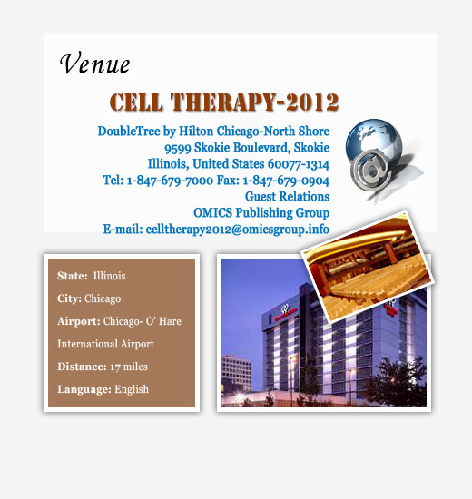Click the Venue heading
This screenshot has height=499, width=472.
[95, 63]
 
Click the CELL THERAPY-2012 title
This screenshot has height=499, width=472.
[224, 103]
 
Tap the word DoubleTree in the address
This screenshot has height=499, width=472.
[129, 132]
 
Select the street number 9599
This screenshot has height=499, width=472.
[177, 148]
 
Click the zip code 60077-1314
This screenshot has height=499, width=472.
[299, 164]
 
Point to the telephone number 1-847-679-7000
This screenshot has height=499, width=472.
[170, 181]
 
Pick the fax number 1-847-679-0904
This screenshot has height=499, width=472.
[286, 181]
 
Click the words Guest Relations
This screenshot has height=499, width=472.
[287, 196]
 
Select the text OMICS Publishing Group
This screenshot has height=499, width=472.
[261, 213]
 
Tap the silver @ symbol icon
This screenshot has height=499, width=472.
[371, 171]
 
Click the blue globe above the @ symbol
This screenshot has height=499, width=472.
[374, 137]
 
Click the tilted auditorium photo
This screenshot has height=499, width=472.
[368, 266]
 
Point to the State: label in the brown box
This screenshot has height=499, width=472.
[73, 276]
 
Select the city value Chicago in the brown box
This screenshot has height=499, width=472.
[103, 298]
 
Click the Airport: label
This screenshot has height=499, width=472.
[79, 321]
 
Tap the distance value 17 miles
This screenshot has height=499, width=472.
[129, 367]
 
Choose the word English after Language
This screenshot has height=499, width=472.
[132, 389]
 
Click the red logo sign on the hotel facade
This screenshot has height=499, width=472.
[285, 310]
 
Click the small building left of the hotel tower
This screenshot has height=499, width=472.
[236, 372]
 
